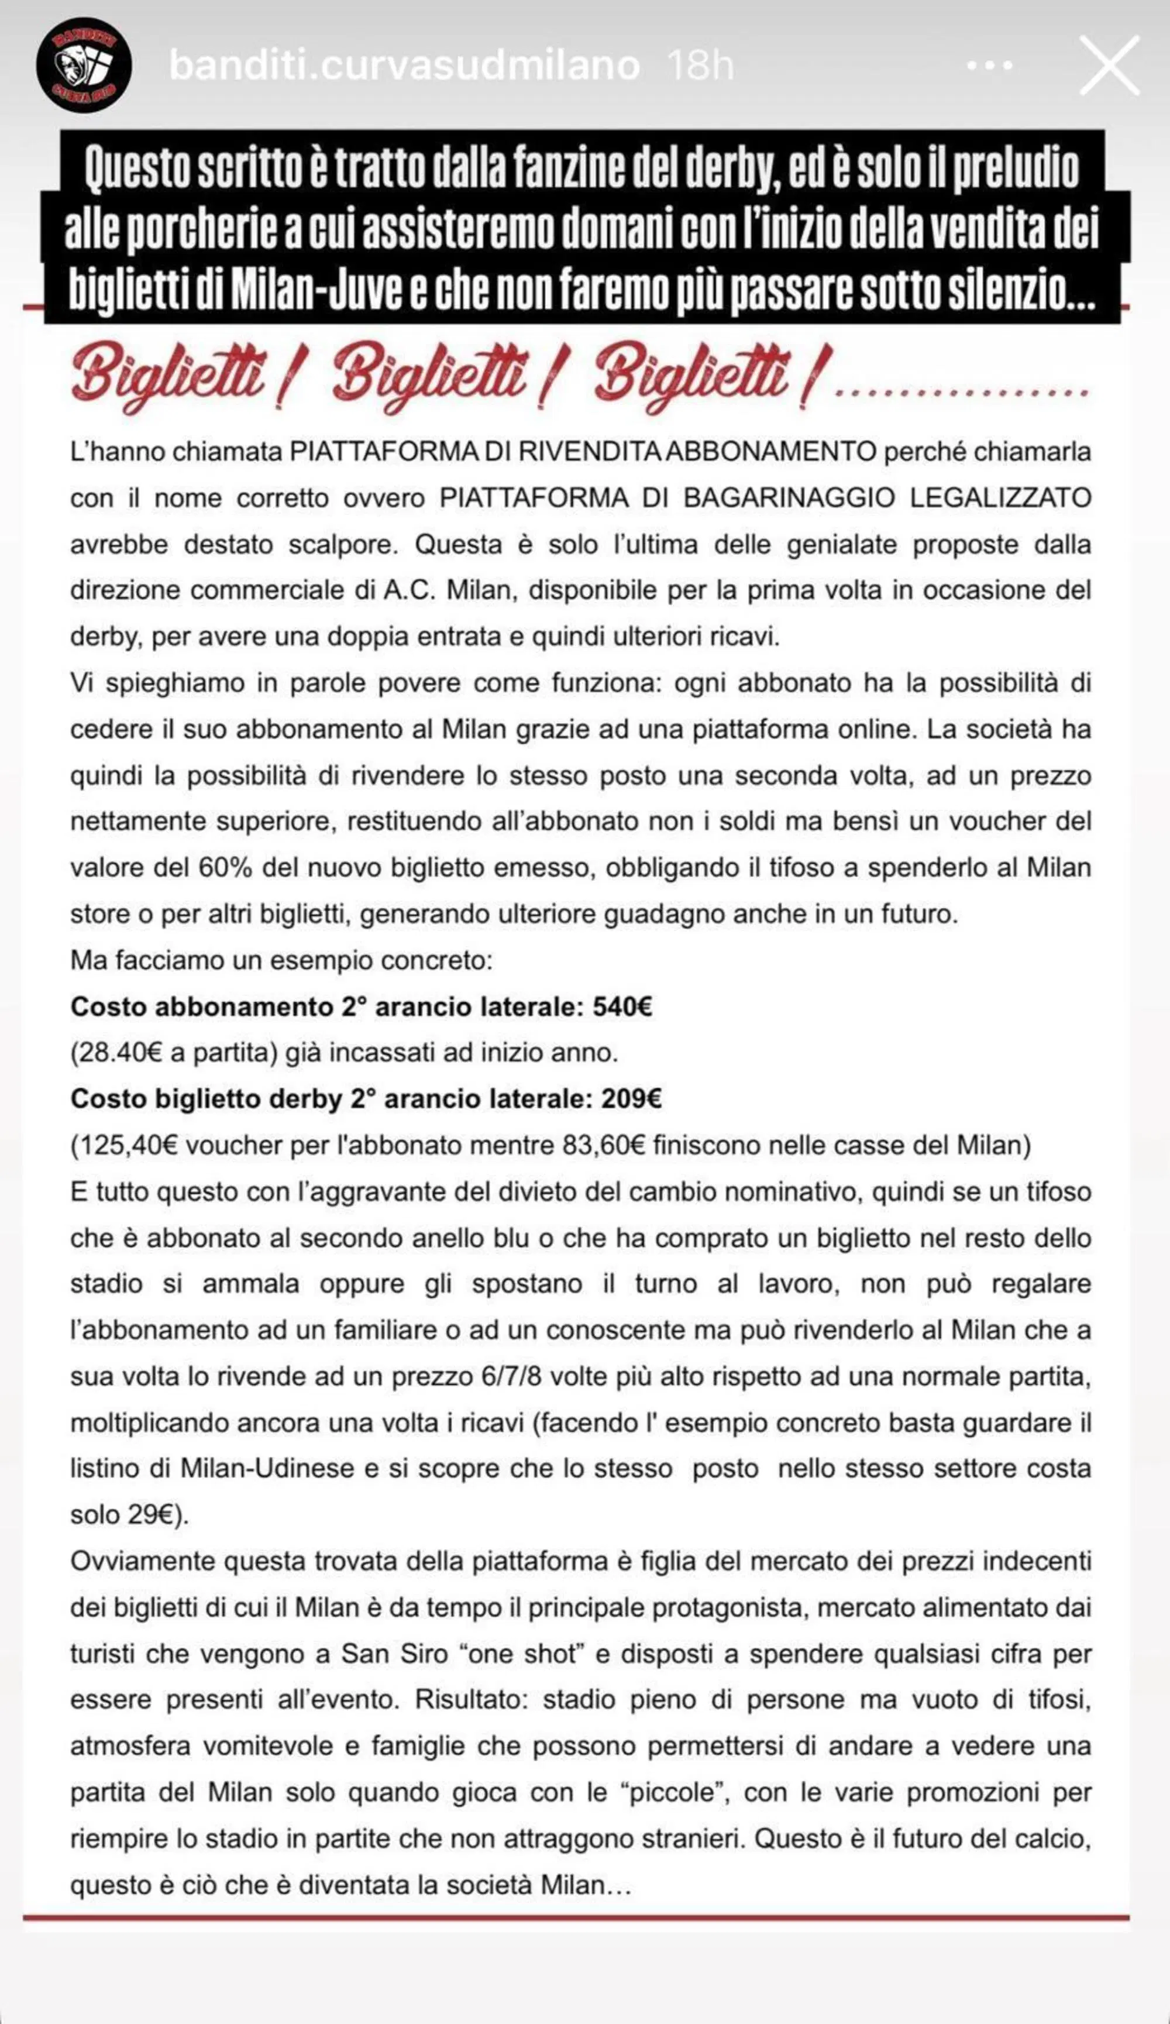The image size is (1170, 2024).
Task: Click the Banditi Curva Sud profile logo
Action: coord(84,65)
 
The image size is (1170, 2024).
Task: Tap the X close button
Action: coord(1109,65)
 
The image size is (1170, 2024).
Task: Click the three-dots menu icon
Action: coord(989,65)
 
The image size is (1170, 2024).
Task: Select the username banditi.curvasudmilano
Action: coord(404,65)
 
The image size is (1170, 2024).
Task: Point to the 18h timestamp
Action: coord(700,65)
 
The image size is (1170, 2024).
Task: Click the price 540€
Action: coord(622,1006)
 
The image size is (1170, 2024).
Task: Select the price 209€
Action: coord(631,1099)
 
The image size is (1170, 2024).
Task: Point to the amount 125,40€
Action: coord(128,1145)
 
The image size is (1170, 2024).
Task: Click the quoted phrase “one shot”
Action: coord(522,1631)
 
